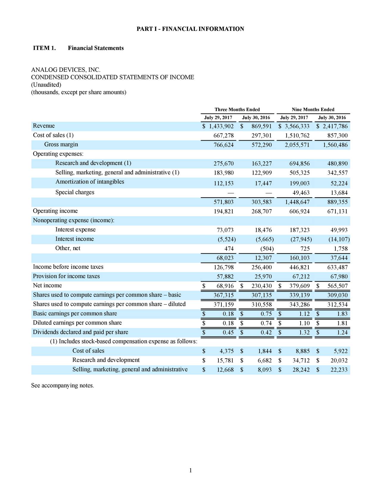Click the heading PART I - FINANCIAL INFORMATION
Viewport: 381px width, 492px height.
(x=190, y=29)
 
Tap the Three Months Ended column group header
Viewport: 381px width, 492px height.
(x=237, y=110)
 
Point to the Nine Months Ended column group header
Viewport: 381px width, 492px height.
(x=313, y=110)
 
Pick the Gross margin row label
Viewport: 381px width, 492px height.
(x=61, y=144)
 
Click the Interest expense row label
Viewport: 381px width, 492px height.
(x=75, y=230)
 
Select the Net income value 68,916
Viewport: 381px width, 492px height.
(x=225, y=286)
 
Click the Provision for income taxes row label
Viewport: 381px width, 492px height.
(x=66, y=276)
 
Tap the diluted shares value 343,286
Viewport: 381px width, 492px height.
(x=299, y=305)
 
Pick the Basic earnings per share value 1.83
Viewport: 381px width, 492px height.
(x=342, y=314)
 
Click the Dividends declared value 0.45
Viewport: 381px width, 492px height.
(x=228, y=332)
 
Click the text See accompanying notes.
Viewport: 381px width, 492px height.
(x=63, y=386)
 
